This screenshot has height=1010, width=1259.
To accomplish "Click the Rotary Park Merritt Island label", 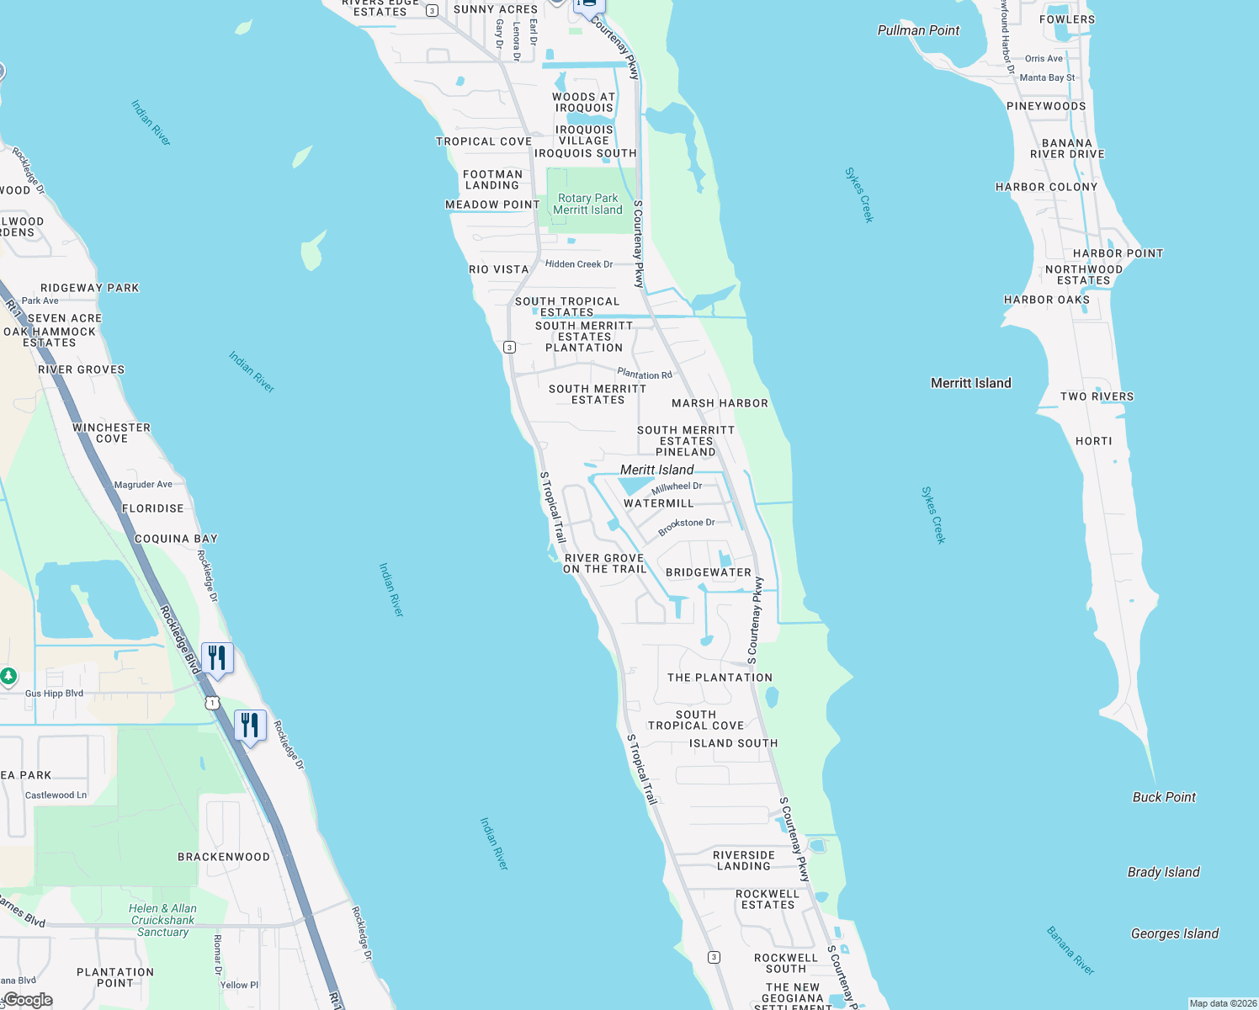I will pyautogui.click(x=587, y=205).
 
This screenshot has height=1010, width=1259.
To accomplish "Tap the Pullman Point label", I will pyautogui.click(x=918, y=30).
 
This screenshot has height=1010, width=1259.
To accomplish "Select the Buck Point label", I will pyautogui.click(x=1164, y=797).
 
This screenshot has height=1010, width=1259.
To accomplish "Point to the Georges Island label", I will pyautogui.click(x=1174, y=933).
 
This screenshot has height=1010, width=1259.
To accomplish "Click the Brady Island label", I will pyautogui.click(x=1163, y=872).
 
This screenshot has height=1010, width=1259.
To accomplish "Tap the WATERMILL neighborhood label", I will pyautogui.click(x=658, y=503).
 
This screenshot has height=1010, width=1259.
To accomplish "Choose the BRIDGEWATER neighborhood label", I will pyautogui.click(x=708, y=572).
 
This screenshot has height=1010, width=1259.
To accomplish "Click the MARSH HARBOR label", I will pyautogui.click(x=720, y=403).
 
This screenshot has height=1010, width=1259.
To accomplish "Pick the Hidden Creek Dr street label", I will pyautogui.click(x=579, y=264).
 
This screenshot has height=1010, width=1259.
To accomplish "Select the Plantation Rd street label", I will pyautogui.click(x=645, y=374).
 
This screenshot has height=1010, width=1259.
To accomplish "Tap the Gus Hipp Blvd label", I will pyautogui.click(x=54, y=694).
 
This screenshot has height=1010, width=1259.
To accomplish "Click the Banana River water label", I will pyautogui.click(x=1070, y=950).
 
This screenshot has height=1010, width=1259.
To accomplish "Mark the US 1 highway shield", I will pyautogui.click(x=212, y=703).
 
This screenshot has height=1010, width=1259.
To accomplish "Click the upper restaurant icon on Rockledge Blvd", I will pyautogui.click(x=217, y=657).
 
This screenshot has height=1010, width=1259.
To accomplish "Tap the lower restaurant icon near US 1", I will pyautogui.click(x=250, y=725).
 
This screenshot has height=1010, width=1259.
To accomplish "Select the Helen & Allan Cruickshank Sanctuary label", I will pyautogui.click(x=162, y=920).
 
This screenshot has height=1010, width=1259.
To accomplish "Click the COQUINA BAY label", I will pyautogui.click(x=176, y=539).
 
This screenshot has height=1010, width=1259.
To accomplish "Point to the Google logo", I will pyautogui.click(x=28, y=1000).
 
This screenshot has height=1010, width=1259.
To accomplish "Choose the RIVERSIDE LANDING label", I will pyautogui.click(x=743, y=860).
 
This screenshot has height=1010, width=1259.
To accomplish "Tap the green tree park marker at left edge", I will pyautogui.click(x=8, y=676).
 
